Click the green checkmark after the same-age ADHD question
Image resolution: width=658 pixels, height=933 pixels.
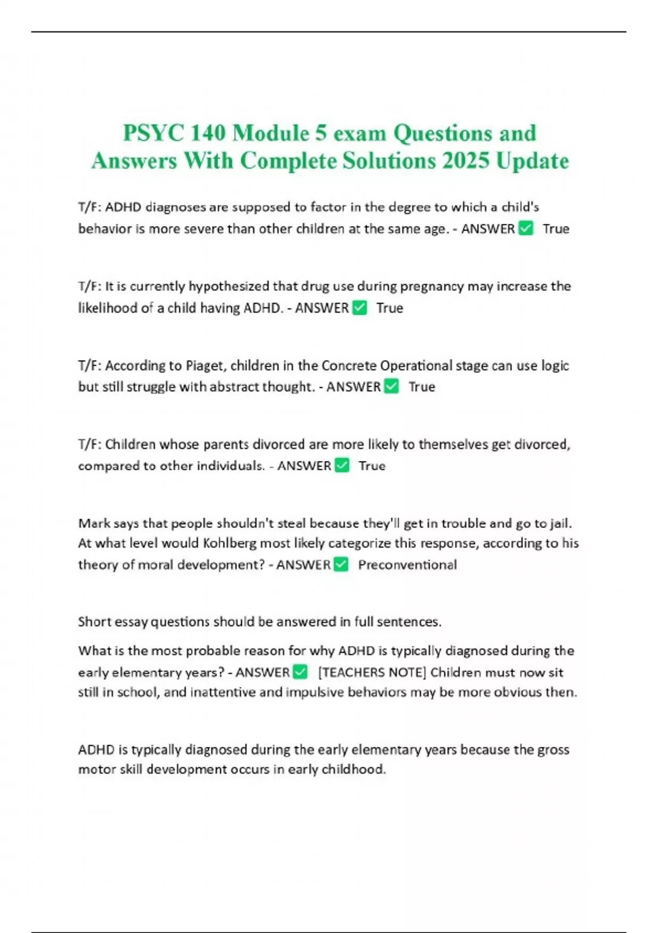[525, 228]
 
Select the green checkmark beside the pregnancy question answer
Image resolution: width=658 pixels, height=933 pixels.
[360, 308]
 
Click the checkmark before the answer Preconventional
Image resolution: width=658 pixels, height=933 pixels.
[341, 564]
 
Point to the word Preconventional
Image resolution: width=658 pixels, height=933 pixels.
[407, 565]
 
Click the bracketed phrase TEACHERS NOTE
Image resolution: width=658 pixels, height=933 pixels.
[372, 672]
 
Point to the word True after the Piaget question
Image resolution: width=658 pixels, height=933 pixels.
[422, 387]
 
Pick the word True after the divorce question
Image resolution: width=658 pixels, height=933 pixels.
[372, 466]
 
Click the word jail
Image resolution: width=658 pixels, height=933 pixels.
[560, 523]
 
